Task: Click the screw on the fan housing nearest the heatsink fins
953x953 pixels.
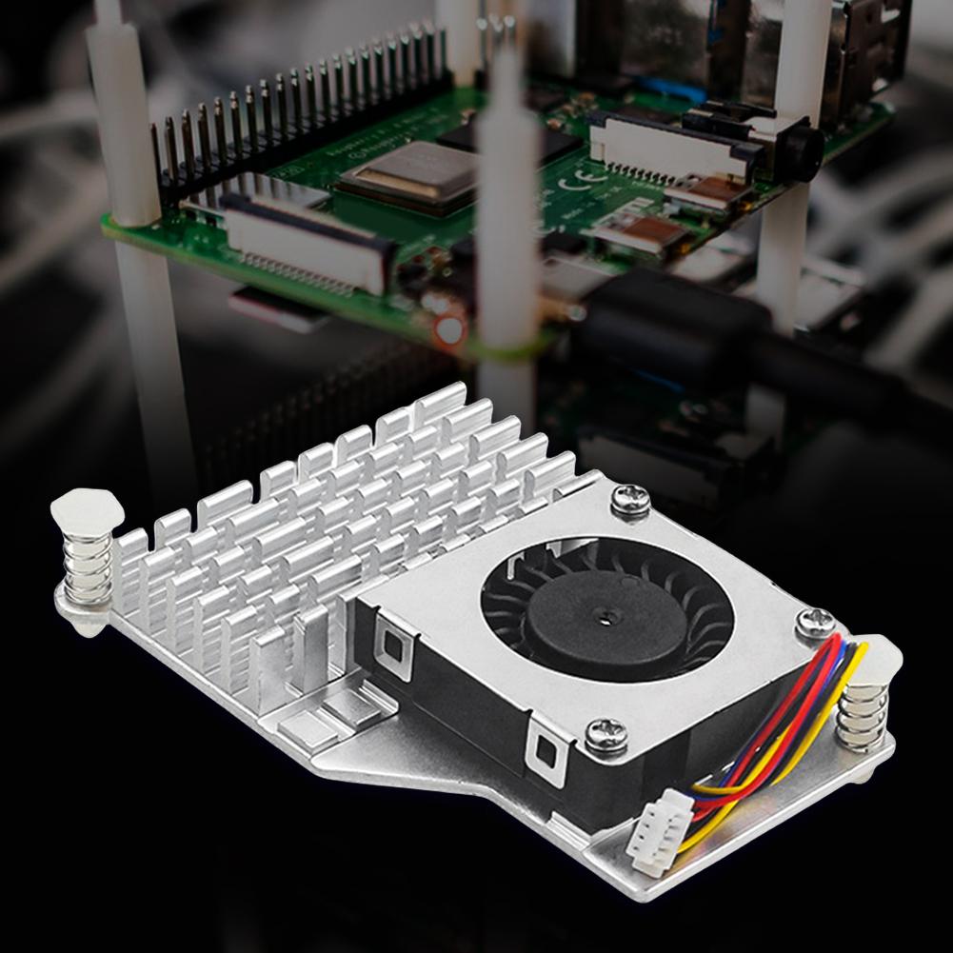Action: click(x=630, y=499)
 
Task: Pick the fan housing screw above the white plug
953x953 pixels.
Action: click(x=606, y=733)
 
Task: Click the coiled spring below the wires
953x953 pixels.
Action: click(x=864, y=716)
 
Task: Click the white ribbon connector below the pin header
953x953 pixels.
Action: click(x=306, y=238)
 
